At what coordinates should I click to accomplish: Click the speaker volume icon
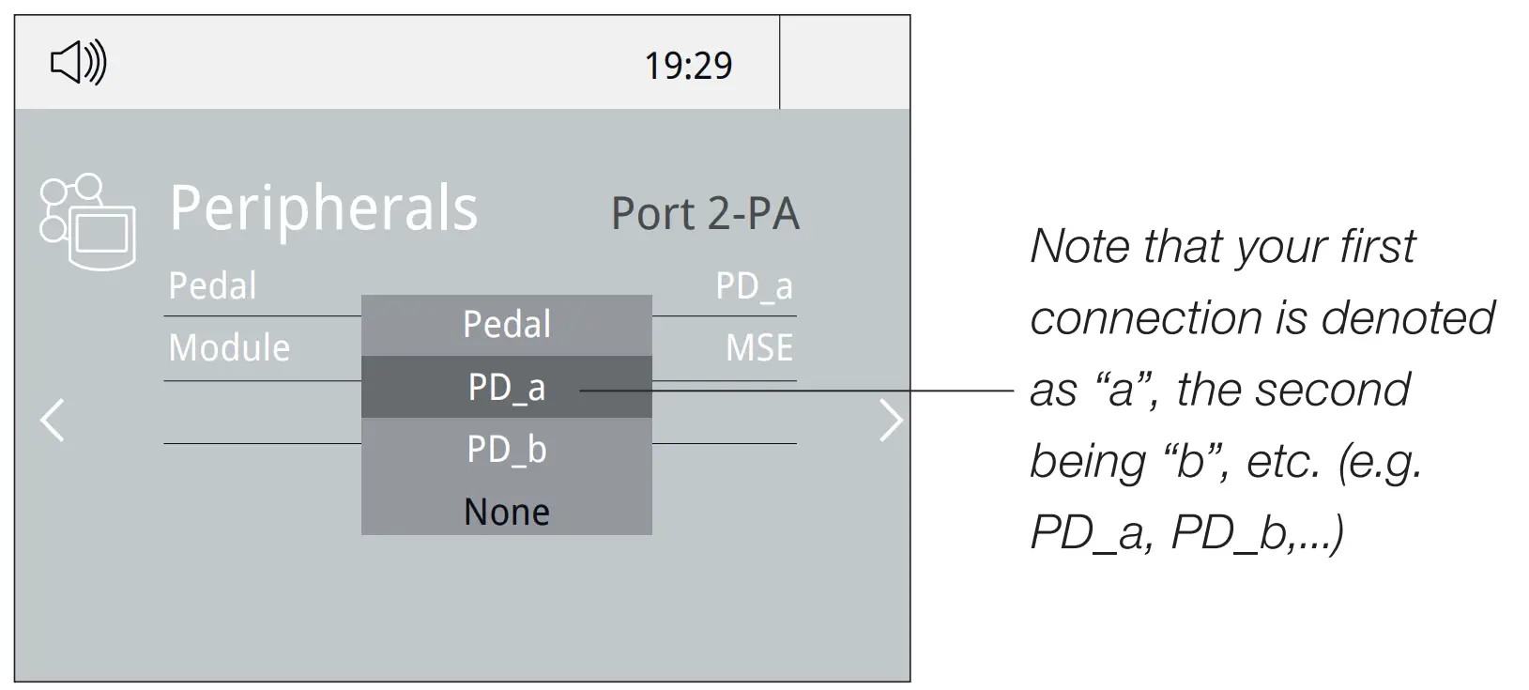(x=78, y=64)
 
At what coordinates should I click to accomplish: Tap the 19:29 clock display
(x=687, y=66)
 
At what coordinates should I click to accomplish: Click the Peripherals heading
(x=323, y=208)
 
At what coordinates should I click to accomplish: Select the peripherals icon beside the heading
(x=87, y=222)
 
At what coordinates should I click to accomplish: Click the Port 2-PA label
(x=705, y=214)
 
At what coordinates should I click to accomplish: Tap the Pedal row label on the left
(x=212, y=285)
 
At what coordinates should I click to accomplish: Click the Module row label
(x=229, y=348)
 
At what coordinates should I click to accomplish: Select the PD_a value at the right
(x=754, y=285)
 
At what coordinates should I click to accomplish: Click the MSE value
(x=758, y=348)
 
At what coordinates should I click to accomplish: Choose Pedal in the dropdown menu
(x=507, y=325)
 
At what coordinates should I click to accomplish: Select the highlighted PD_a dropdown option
(x=507, y=387)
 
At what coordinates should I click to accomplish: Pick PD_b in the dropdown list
(x=507, y=450)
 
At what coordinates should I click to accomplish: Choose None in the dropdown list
(x=507, y=512)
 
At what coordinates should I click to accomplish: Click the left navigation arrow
(x=54, y=420)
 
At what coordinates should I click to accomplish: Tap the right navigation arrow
(x=889, y=420)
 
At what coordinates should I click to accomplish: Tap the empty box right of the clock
(x=844, y=63)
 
